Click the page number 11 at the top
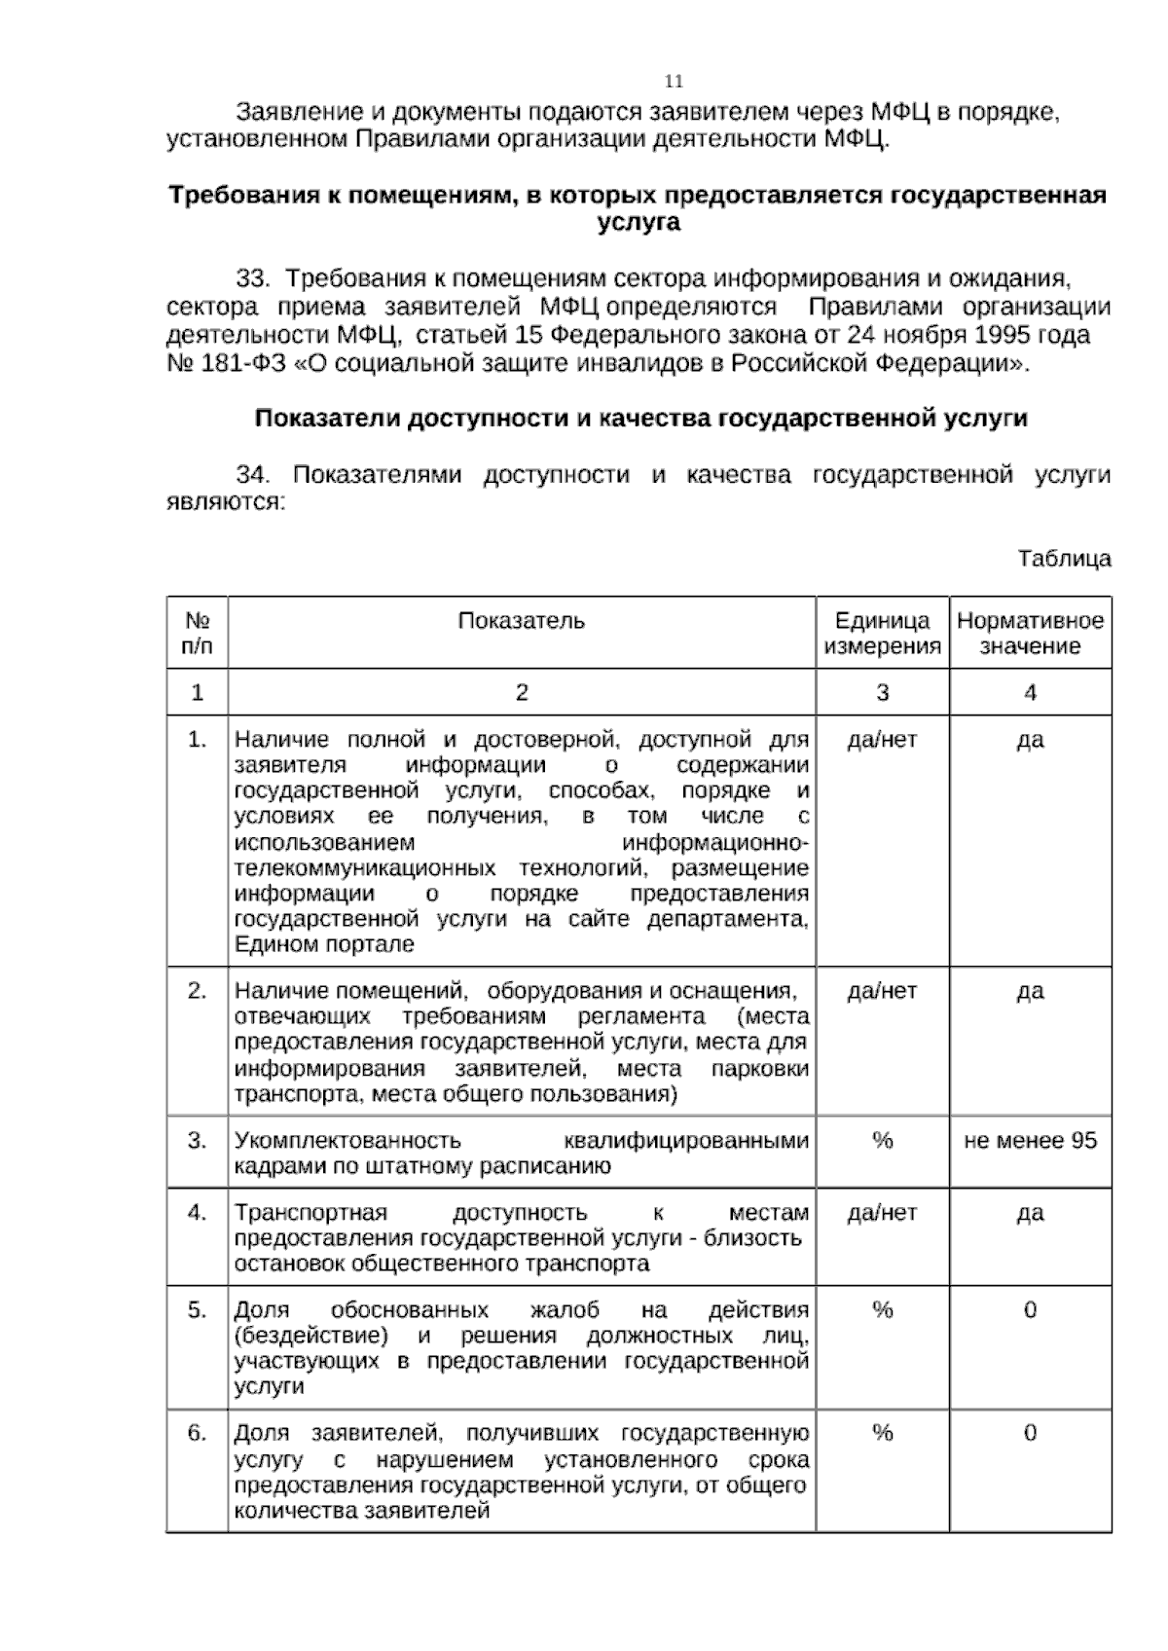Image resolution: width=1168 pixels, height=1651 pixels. [x=674, y=81]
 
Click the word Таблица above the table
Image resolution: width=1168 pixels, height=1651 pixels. [x=1064, y=559]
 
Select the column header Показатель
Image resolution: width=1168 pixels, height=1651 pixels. [x=522, y=621]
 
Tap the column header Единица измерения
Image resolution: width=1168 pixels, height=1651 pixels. [x=882, y=633]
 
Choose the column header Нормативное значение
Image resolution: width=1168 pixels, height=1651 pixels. [x=1030, y=633]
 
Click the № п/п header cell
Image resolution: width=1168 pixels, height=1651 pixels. [x=198, y=633]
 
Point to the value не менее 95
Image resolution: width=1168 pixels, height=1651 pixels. [x=1030, y=1140]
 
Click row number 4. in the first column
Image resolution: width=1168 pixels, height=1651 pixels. [x=198, y=1212]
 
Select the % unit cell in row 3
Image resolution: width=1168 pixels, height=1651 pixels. [x=882, y=1140]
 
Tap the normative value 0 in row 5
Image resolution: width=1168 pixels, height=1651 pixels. [x=1030, y=1309]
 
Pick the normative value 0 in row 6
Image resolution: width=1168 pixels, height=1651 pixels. [x=1030, y=1432]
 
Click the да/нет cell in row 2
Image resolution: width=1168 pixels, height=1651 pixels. [x=882, y=991]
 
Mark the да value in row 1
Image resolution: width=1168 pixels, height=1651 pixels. [x=1030, y=740]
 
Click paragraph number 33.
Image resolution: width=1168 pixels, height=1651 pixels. [x=252, y=279]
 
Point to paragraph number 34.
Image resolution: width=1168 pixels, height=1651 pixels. [x=252, y=475]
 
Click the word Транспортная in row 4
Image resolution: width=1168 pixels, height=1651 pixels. [x=310, y=1212]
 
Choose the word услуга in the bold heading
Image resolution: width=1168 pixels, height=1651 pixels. [x=638, y=222]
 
